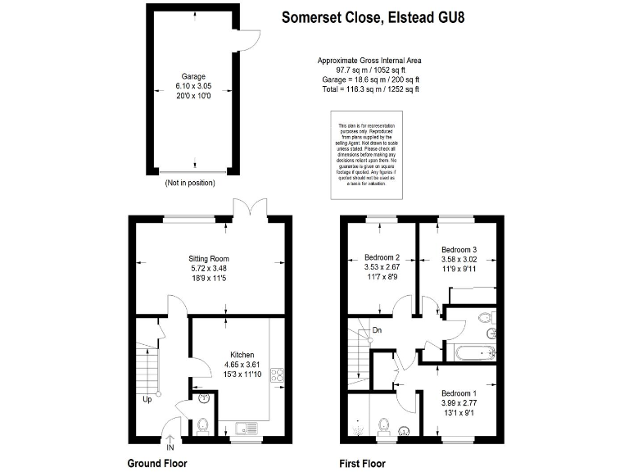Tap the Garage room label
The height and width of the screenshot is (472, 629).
194,76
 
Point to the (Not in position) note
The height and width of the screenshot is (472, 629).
193,183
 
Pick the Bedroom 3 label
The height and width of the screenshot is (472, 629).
459,250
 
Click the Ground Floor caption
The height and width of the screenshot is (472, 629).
157,463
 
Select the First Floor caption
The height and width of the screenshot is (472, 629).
362,463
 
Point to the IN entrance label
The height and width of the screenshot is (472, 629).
170,448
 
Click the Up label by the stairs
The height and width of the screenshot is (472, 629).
147,400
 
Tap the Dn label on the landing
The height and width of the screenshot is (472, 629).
377,330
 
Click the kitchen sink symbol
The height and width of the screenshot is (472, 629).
245,426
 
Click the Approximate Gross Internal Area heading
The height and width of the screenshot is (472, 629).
370,61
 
